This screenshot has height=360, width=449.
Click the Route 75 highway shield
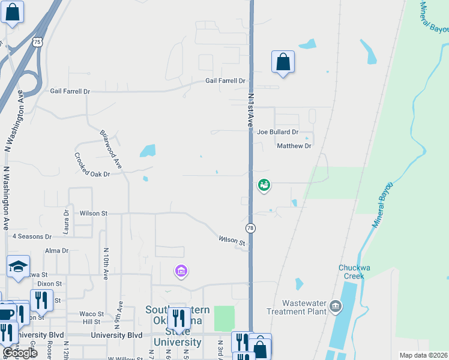click(38, 41)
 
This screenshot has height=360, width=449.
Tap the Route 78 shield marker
click(250, 228)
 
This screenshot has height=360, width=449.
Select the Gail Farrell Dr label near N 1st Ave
click(225, 81)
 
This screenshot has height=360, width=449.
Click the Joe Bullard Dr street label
click(277, 132)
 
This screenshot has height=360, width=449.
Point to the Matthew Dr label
click(294, 146)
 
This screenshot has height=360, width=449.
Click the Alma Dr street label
click(56, 251)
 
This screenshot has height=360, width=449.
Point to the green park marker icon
click(264, 185)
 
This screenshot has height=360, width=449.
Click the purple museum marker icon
click(181, 271)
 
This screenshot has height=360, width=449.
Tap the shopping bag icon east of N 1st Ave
click(283, 62)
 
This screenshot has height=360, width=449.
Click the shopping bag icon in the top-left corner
click(13, 12)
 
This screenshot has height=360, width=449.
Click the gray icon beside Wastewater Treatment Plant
click(336, 308)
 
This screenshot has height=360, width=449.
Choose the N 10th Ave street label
click(106, 264)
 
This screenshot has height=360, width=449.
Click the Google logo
click(20, 353)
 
